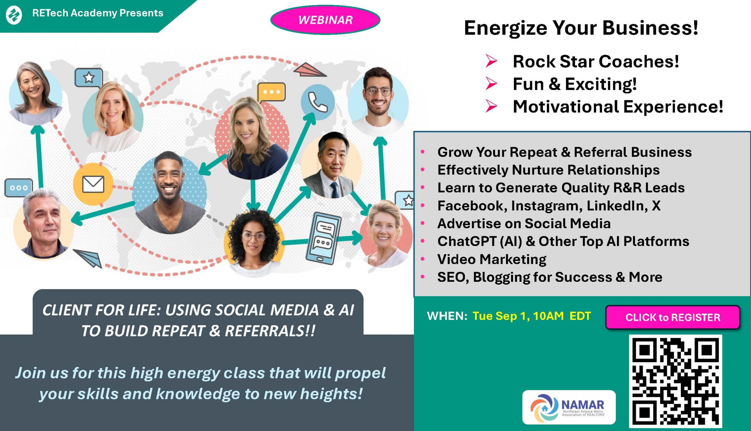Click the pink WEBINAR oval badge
pos(325,20)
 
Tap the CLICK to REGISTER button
pos(673,317)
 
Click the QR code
pos(676,381)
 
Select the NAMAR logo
pos(569,407)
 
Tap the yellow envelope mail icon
pos(93,184)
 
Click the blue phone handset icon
pos(318,102)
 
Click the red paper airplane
pos(310,70)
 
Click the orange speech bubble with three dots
pos(271,92)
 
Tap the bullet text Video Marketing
pos(492,259)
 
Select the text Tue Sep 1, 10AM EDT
pos(532,316)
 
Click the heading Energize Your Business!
pos(581,28)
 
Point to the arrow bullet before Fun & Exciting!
pos(491,84)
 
